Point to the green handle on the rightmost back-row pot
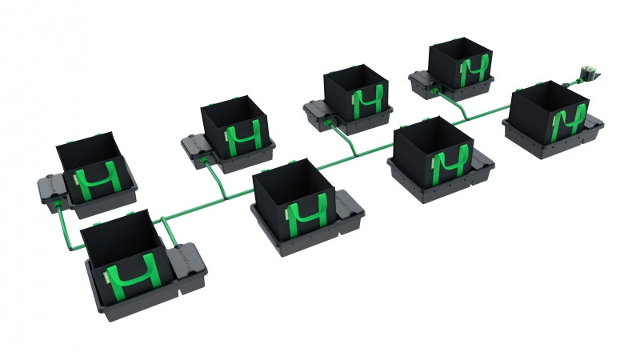pos(472,73)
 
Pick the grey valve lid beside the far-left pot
pos(50,187)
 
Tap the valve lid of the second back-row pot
pos(196,144)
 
